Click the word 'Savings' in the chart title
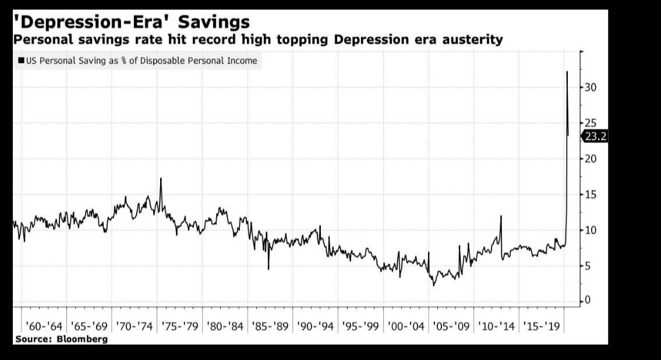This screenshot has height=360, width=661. click(214, 22)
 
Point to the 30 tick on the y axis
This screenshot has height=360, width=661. click(591, 87)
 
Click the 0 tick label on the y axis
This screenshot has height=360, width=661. click(588, 301)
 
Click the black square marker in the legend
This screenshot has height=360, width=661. click(22, 60)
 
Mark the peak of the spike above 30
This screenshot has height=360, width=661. click(567, 72)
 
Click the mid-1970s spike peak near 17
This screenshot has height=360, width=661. click(161, 178)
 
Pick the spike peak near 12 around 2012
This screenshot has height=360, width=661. click(501, 216)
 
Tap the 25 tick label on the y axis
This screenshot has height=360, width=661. click(591, 123)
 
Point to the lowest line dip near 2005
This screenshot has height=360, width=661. click(433, 285)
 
